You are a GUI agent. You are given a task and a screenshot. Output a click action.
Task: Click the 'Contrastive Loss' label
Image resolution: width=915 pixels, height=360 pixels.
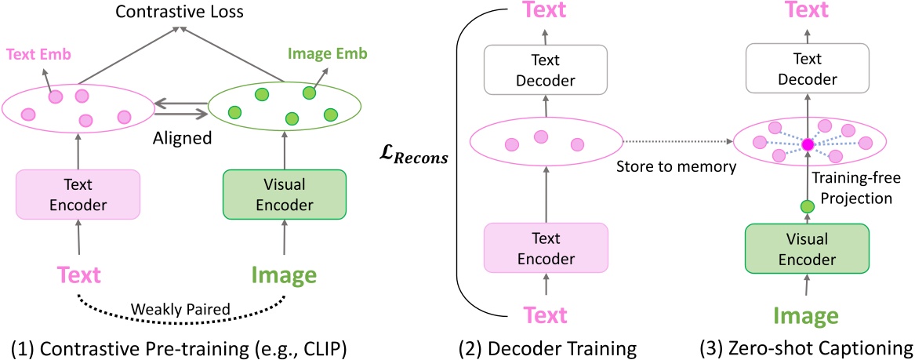[181, 12]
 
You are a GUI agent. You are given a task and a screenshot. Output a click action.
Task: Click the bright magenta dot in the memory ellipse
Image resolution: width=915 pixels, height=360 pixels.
[806, 144]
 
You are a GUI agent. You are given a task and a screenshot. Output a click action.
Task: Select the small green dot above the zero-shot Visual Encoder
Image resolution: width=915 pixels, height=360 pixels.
[806, 207]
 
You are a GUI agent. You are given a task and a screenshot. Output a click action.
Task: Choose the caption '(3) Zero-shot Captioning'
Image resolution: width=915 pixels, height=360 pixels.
[807, 347]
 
